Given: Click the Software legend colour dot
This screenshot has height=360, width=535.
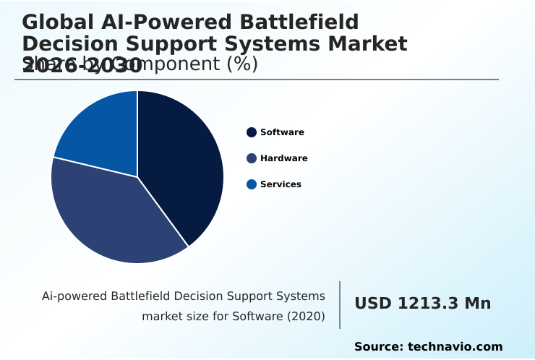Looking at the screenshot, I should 252,132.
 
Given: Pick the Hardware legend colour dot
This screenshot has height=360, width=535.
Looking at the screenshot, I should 252,158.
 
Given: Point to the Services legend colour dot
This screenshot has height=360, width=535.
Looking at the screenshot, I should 252,184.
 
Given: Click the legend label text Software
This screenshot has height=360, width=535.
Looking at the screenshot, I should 282,132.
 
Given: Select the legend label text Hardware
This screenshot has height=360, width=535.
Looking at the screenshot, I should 283,158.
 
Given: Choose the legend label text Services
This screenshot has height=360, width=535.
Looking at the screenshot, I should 281,184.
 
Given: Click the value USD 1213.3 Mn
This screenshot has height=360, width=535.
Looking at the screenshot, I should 422,304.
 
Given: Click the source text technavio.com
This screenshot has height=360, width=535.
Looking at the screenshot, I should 455,347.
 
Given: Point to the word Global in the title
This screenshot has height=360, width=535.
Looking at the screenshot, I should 56,22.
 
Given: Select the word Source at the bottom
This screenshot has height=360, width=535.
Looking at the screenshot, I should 378,347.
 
